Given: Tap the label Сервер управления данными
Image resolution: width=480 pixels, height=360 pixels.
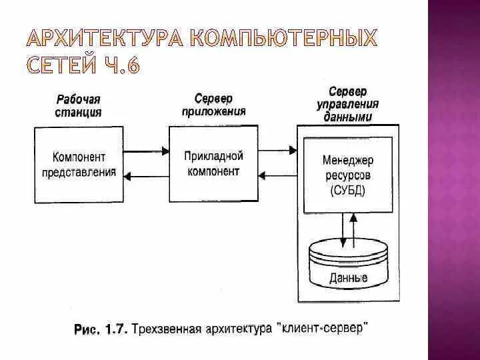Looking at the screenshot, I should (x=348, y=104).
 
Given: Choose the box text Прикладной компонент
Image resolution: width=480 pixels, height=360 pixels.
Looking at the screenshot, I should (x=213, y=164).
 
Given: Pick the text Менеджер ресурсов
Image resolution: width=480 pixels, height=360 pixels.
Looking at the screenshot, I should (x=348, y=169).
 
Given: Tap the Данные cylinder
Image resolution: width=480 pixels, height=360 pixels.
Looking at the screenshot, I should (x=348, y=267).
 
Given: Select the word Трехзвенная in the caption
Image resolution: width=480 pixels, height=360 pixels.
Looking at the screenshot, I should (x=168, y=328).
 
